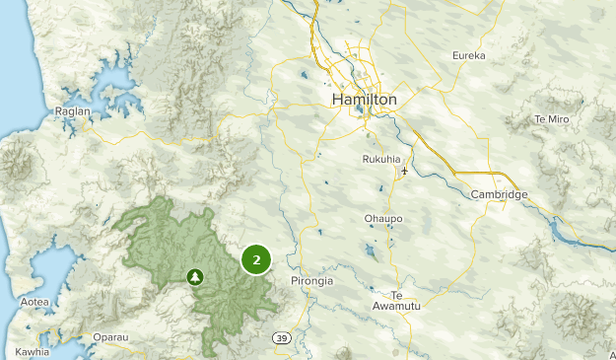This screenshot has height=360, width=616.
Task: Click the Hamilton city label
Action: tap(365, 100)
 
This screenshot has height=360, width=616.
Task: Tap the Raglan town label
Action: tap(74, 111)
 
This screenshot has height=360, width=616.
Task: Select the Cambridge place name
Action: tap(499, 194)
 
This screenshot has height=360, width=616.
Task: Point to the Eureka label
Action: tap(468, 56)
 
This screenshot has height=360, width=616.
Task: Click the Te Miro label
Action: tap(552, 118)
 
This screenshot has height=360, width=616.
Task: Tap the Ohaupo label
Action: tap(384, 219)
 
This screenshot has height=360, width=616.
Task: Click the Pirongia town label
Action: tap(312, 281)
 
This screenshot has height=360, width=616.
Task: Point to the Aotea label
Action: tap(34, 302)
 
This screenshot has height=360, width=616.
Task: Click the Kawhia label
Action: tap(32, 351)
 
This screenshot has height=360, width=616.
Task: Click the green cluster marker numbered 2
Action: tap(256, 260)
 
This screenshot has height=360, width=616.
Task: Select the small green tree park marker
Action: tap(195, 277)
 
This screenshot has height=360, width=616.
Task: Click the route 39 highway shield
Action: tap(281, 337)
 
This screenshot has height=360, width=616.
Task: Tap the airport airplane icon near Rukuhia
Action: tap(404, 173)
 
